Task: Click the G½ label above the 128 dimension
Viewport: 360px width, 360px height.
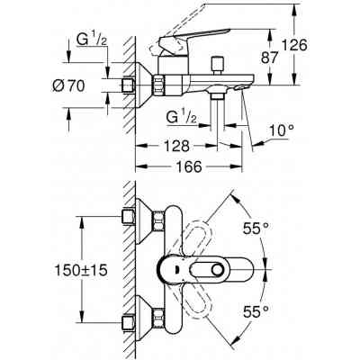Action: [x=184, y=118]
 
